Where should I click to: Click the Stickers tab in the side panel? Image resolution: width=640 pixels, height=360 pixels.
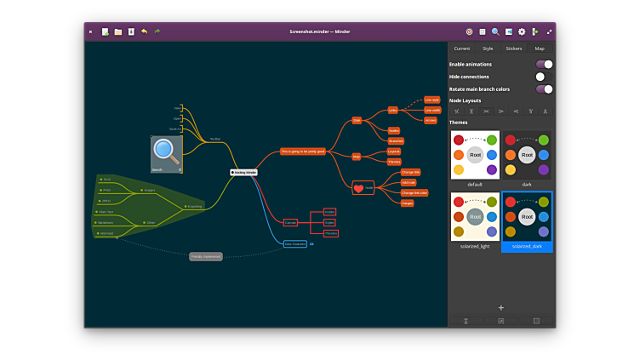tap(514, 49)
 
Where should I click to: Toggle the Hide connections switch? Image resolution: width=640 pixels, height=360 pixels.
tap(544, 77)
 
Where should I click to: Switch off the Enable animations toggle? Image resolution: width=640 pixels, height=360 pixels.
tap(544, 64)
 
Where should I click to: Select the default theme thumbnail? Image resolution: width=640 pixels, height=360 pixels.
tap(475, 155)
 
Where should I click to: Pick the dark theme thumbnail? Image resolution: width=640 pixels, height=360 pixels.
tap(527, 155)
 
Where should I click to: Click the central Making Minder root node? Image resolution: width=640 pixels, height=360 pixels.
tap(243, 172)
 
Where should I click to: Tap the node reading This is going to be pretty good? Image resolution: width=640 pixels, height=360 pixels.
tap(302, 151)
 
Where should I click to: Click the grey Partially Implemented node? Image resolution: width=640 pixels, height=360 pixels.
tap(206, 256)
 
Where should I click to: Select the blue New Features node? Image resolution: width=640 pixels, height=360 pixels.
tap(294, 244)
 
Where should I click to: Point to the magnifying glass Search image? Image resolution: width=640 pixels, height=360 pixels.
tap(166, 153)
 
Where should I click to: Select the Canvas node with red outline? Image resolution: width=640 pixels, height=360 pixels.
tap(289, 222)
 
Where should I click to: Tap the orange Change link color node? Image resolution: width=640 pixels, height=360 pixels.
tap(414, 192)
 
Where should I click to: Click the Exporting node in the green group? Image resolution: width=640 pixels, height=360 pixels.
tap(193, 206)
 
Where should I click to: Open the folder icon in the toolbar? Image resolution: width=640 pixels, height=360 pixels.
tap(118, 31)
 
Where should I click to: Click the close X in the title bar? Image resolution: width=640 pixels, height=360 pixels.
tap(90, 31)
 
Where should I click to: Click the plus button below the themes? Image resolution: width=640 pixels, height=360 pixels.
tap(501, 307)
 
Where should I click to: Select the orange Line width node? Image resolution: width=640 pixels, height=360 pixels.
tap(431, 110)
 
